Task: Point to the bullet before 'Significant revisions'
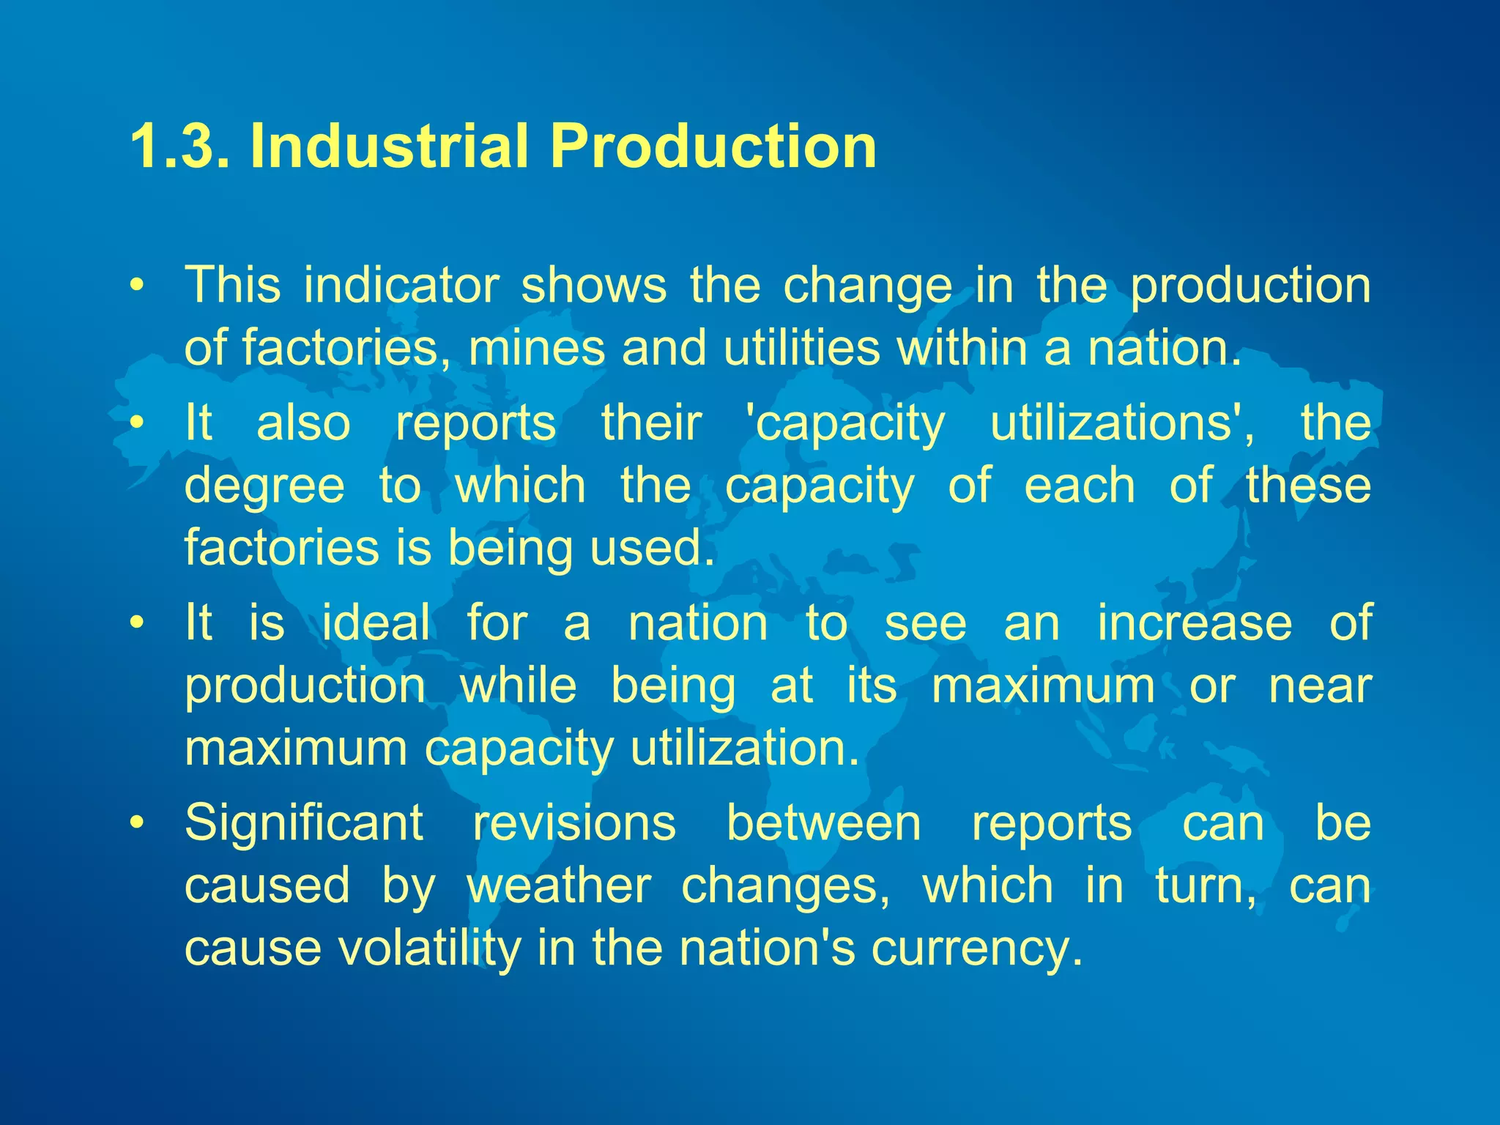(135, 823)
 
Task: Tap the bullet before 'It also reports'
(135, 423)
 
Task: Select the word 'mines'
(536, 347)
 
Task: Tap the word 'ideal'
(376, 623)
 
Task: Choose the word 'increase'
(1195, 623)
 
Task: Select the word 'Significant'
(304, 823)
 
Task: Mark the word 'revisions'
(574, 823)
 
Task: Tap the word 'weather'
(559, 886)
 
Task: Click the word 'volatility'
(428, 948)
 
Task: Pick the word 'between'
(824, 823)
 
